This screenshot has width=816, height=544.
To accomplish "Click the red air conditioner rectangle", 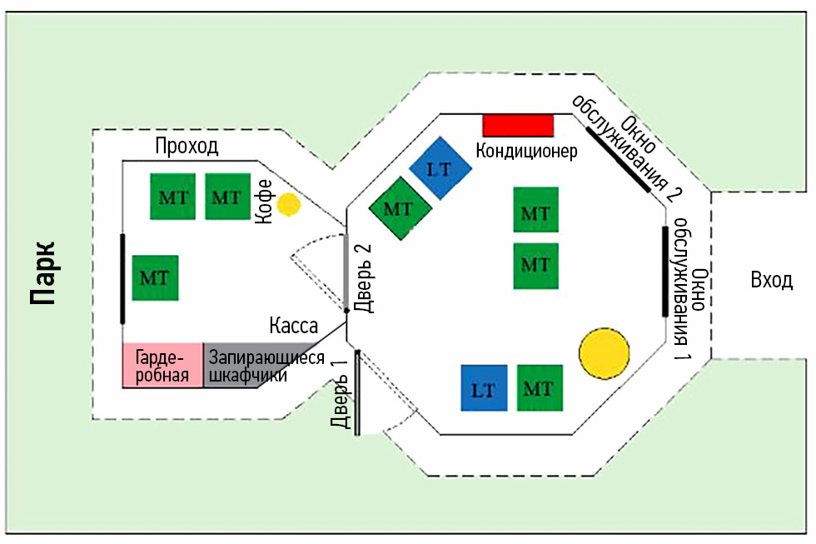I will point(518,125).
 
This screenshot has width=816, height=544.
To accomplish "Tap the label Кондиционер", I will point(526,152).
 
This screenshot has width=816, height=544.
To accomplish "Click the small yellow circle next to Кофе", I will point(288,204).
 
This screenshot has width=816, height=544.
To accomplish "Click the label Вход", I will point(771,281).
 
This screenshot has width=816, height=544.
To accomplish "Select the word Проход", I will point(187,147).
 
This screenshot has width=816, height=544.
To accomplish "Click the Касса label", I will point(292,325).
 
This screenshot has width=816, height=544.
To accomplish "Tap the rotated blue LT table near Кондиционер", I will point(440,169).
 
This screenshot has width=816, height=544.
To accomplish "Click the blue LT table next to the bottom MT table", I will point(484,388).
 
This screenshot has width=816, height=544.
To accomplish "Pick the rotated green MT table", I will point(399,208).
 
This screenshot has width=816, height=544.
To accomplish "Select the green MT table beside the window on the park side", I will point(154,277).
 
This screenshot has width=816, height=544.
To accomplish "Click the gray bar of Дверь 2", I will point(346,272).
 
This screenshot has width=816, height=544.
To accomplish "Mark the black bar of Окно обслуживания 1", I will point(664,272).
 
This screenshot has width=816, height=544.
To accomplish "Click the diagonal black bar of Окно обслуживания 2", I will point(618,159).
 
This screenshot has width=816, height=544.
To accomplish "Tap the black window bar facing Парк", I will point(122,279).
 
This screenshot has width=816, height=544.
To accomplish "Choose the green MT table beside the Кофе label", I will point(226,197).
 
